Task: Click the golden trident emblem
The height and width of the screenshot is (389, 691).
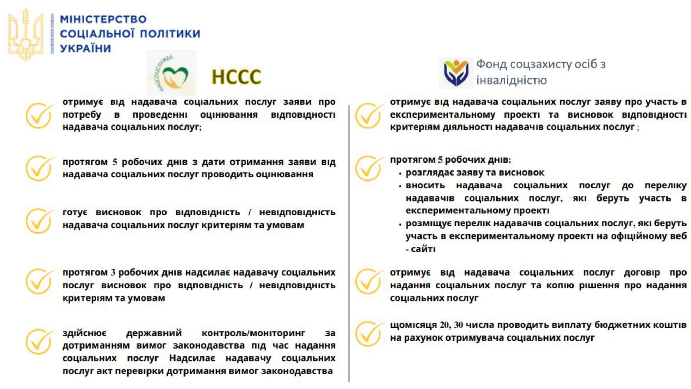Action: click(x=26, y=34)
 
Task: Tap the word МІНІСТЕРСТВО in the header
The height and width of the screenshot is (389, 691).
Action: click(x=103, y=19)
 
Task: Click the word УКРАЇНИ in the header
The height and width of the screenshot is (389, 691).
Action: click(x=85, y=48)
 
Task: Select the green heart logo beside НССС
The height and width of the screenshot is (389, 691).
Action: click(x=171, y=73)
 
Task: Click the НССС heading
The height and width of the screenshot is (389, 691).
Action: click(x=236, y=77)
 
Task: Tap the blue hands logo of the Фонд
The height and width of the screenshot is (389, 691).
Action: click(x=456, y=73)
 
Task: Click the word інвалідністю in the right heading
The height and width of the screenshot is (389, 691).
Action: click(x=511, y=81)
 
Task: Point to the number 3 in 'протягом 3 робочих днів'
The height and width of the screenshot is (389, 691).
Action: click(x=113, y=272)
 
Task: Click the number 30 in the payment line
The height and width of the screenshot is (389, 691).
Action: click(x=458, y=325)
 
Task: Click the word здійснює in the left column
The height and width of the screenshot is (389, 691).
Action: click(x=84, y=333)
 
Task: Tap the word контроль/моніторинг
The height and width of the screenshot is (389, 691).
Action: click(x=253, y=333)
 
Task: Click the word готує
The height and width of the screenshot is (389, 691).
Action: click(x=75, y=212)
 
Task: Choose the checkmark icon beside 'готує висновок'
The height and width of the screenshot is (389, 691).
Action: click(x=39, y=221)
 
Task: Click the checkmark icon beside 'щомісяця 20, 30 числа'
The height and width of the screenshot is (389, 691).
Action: click(x=369, y=333)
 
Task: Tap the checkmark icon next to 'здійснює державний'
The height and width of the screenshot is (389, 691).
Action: click(x=39, y=341)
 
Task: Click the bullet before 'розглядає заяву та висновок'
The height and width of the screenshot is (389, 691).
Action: click(x=400, y=173)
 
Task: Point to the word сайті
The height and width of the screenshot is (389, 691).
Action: click(x=423, y=249)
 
